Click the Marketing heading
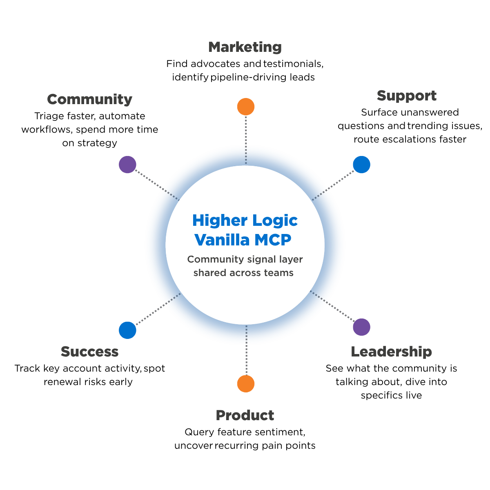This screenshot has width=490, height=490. [245, 47]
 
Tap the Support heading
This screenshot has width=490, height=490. [406, 96]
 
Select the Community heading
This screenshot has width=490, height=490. [89, 100]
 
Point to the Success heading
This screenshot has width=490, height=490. [89, 352]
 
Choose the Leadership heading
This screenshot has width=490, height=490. [391, 352]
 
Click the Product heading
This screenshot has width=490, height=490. [245, 416]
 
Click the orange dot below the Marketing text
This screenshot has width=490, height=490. [246, 107]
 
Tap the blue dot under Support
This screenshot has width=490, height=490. [361, 165]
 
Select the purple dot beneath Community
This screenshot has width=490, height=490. [127, 165]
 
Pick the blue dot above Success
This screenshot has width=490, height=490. [127, 330]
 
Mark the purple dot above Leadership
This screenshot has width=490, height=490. [361, 327]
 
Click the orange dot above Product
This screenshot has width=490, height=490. [246, 384]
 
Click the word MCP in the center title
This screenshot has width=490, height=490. [273, 240]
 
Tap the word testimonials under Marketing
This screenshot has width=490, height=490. [293, 64]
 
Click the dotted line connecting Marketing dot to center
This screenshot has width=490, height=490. [246, 140]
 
